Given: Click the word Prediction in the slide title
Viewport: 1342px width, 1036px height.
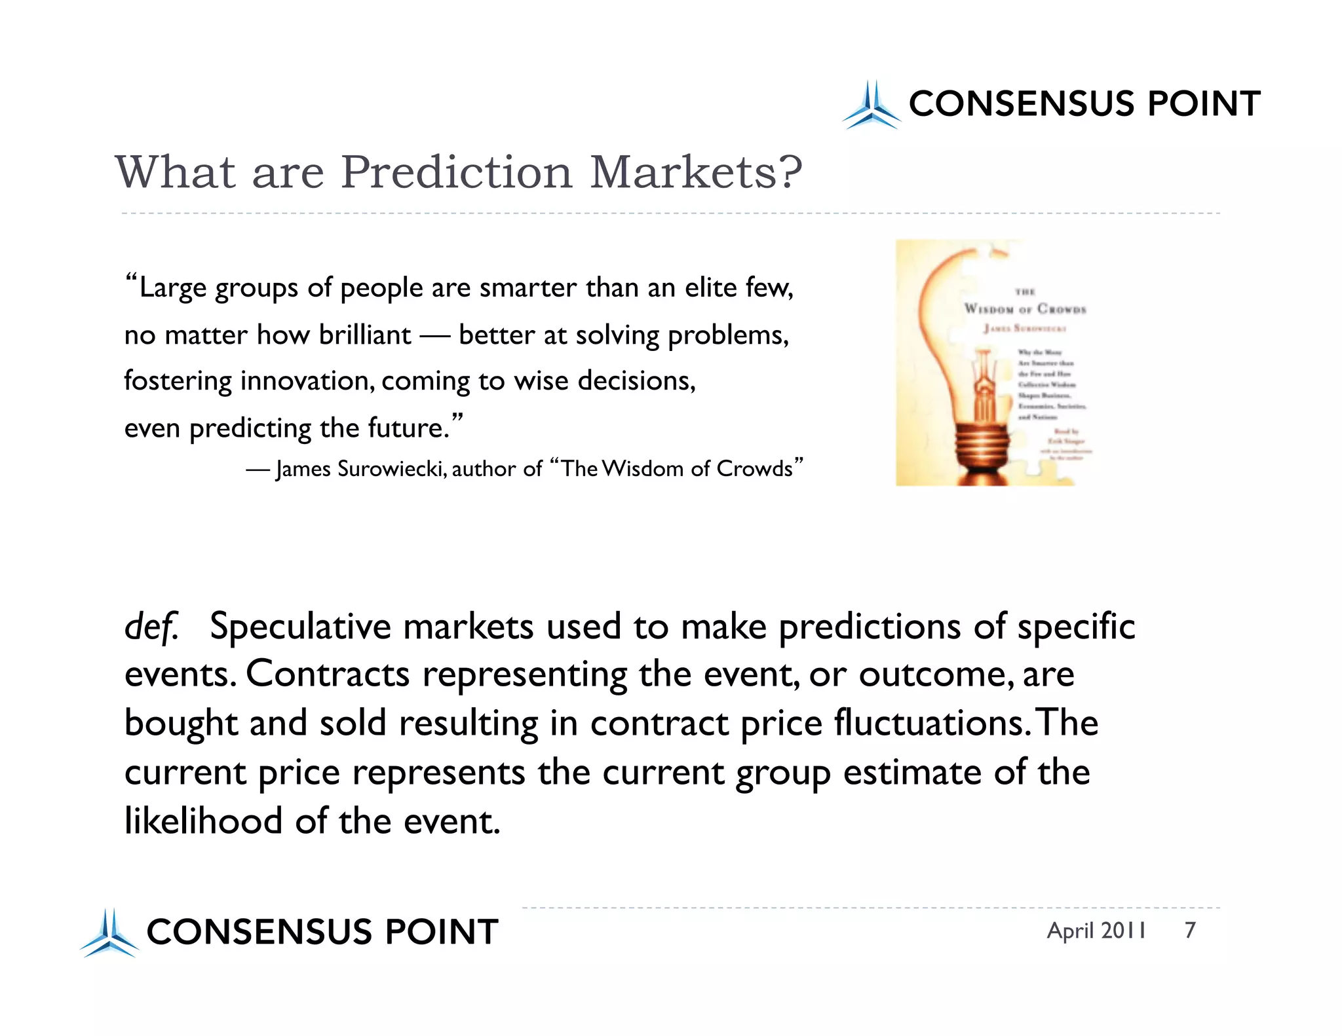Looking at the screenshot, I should coord(457,172).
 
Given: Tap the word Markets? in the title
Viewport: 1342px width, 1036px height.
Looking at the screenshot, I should coord(696,172).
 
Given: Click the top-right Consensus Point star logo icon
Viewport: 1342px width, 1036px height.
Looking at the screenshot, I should coord(871,105).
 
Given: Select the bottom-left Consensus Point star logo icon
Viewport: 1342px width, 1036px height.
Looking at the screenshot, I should coord(109,933).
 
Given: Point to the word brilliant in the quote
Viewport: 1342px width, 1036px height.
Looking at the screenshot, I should coord(365,335).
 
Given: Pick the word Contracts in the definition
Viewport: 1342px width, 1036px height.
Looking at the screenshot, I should coord(328,674).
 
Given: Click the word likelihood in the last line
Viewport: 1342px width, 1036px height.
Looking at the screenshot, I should coord(203,821).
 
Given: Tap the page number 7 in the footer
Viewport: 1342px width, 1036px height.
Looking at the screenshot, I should coord(1190,931).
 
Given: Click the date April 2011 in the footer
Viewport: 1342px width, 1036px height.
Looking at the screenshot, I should coord(1096,931).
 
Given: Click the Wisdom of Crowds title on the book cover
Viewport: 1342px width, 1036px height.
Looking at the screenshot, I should coord(1025,308).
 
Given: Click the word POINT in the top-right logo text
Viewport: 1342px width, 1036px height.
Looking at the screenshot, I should coord(1203,104).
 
